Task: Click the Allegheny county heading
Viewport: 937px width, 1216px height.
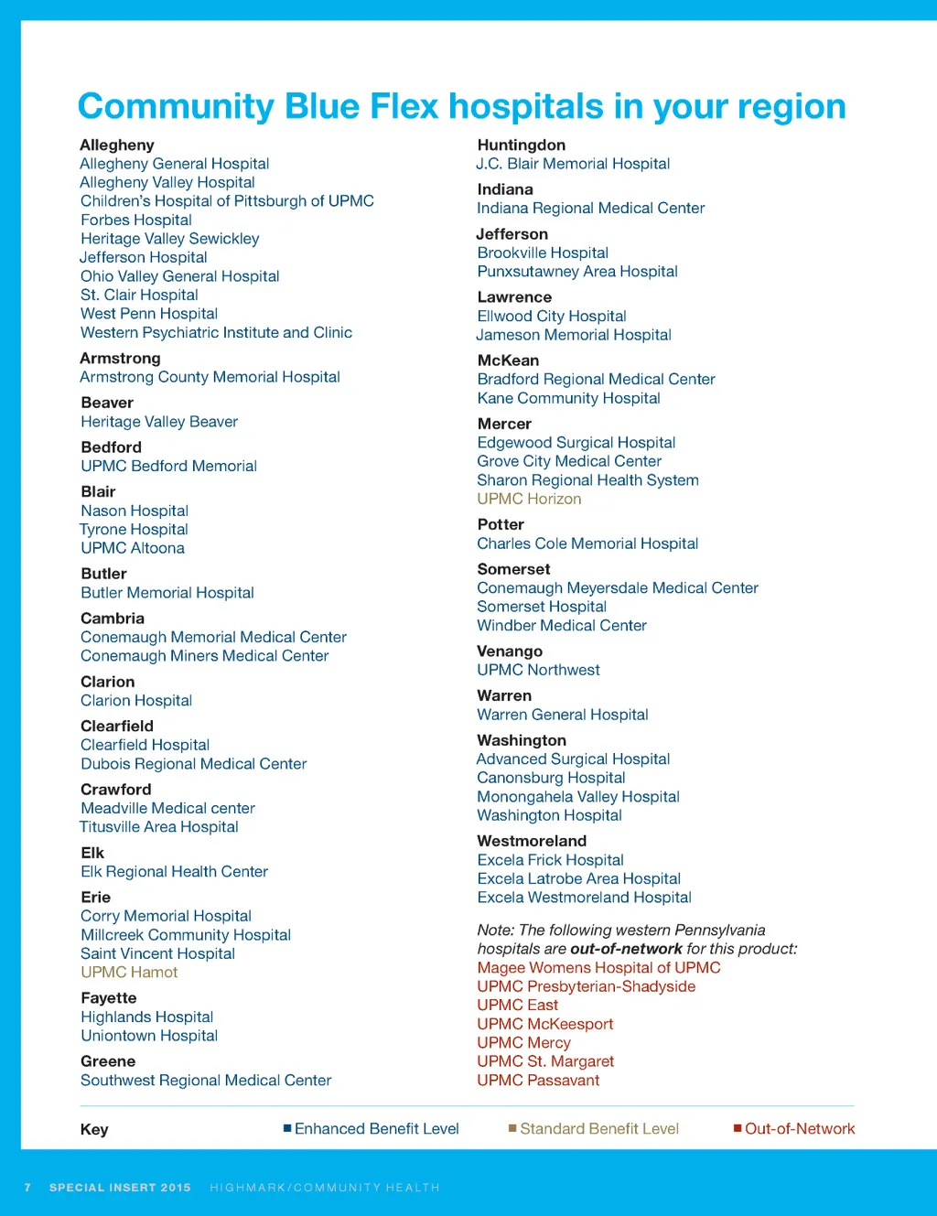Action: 117,145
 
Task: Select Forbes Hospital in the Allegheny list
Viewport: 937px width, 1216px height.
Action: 136,220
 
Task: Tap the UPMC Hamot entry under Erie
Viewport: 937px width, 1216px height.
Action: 129,973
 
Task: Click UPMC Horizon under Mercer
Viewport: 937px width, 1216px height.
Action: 529,499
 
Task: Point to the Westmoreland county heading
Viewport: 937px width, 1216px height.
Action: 532,841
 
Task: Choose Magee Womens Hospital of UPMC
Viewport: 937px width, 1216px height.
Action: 598,968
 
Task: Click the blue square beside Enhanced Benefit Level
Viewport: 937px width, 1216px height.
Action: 287,1128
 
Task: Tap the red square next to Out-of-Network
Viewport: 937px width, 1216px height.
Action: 738,1128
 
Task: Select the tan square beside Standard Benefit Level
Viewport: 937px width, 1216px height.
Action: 512,1128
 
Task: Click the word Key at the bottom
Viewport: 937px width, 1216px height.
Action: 94,1129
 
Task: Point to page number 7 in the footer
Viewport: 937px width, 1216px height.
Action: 27,1188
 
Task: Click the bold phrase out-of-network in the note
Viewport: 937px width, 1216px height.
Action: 626,949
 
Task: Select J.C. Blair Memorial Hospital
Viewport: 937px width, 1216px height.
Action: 573,164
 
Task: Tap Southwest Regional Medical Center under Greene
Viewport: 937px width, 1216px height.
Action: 206,1081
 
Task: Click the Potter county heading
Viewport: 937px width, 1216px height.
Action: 501,524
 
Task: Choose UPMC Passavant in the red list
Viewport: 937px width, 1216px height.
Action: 538,1081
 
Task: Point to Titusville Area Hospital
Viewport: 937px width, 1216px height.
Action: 159,827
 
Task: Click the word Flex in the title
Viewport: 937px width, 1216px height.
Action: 404,107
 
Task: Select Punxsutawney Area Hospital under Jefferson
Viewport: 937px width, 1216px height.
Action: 577,272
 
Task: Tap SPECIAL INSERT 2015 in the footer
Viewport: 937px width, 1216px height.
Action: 120,1188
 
